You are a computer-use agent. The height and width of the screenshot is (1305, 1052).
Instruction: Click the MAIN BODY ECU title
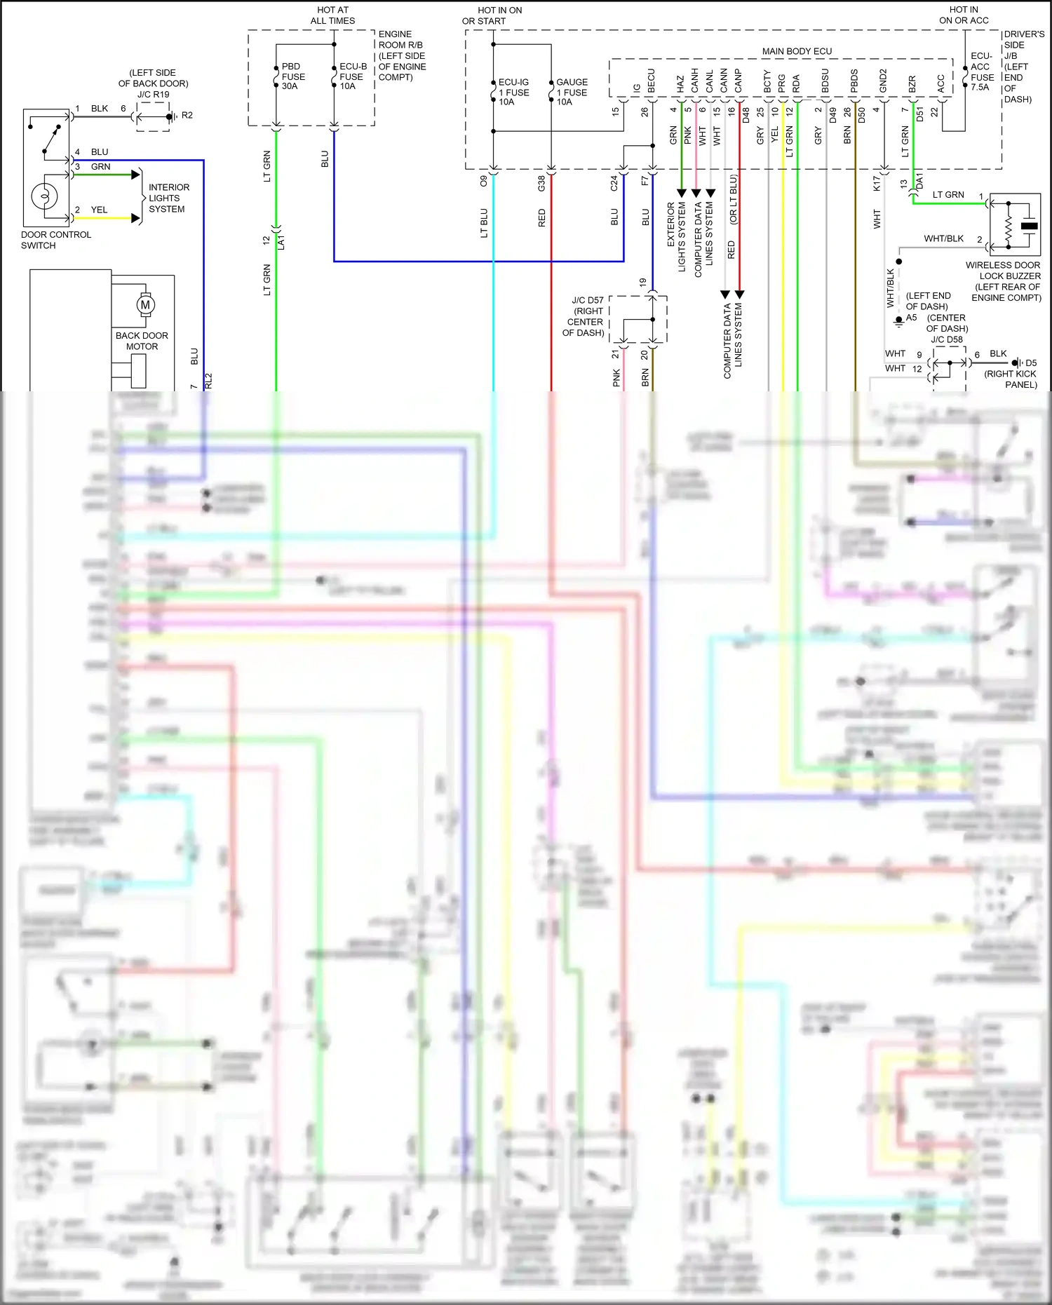797,51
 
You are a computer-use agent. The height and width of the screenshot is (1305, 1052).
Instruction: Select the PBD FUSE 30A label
292,76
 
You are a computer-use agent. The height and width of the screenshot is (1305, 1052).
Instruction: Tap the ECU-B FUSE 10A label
352,76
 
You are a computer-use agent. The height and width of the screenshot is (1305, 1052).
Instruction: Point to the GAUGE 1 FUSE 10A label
571,92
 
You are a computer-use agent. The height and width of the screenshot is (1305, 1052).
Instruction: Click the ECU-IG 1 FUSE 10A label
513,92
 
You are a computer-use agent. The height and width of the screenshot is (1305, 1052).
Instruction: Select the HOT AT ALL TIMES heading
332,15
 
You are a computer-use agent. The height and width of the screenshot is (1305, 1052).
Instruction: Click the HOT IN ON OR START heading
499,15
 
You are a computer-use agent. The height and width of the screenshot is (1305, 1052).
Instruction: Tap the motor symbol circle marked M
145,304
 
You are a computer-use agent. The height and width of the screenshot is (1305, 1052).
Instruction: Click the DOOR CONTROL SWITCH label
55,240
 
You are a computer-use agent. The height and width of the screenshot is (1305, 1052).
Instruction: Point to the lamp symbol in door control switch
44,196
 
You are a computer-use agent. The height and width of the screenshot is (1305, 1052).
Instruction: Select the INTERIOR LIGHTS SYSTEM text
168,198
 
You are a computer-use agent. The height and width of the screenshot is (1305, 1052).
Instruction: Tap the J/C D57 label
587,300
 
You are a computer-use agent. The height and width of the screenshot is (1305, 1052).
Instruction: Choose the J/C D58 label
946,339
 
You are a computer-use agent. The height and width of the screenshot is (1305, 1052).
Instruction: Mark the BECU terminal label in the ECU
652,81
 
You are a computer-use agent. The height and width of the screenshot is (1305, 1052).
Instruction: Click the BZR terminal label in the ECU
912,84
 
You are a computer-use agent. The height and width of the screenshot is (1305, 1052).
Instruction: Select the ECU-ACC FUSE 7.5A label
982,72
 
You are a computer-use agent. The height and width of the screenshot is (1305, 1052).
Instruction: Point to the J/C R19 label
153,94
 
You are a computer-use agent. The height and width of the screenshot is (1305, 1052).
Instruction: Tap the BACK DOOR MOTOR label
142,341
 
